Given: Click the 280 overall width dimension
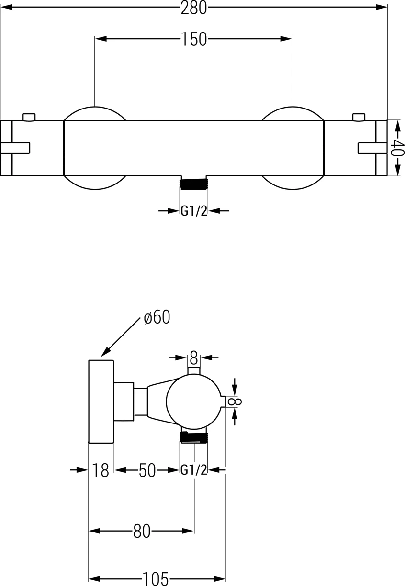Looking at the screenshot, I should [x=193, y=8].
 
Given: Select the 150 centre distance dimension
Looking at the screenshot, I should [x=193, y=39].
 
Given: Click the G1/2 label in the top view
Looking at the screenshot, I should [x=194, y=211].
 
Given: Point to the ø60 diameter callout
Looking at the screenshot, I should [x=157, y=317].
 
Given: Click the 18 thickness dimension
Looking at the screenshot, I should [x=101, y=470].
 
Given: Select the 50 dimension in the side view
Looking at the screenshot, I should [x=147, y=470].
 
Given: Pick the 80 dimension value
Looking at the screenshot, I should [x=142, y=531].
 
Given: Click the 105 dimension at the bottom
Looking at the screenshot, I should [x=157, y=579].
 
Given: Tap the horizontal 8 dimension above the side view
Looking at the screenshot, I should [x=193, y=357].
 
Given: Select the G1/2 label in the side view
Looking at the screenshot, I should [x=194, y=470].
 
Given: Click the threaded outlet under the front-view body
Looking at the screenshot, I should [x=194, y=184].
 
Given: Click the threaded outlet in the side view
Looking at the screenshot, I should [x=194, y=437].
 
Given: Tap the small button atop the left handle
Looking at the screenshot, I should [x=29, y=117].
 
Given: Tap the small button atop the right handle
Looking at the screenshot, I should [x=358, y=117].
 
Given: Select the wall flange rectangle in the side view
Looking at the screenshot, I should [x=101, y=402].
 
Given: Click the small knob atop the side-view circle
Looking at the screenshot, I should [x=193, y=371].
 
